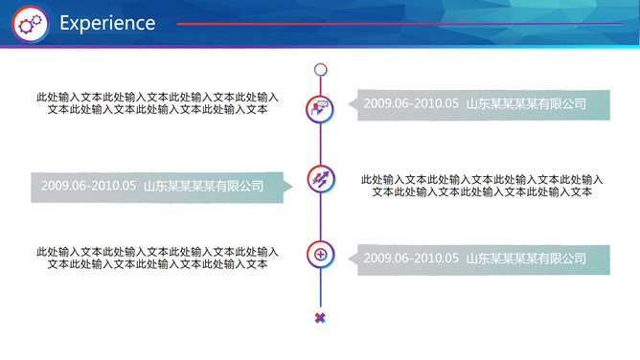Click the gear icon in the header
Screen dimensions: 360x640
click(32, 23)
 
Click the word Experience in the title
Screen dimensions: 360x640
click(107, 23)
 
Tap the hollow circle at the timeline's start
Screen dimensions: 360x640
click(321, 69)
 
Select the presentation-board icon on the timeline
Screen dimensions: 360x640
click(320, 107)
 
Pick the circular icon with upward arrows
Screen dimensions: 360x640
click(320, 178)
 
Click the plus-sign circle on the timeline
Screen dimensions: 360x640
click(320, 254)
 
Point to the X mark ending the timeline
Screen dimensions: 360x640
click(320, 318)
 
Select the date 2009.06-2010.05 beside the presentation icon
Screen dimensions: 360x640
click(412, 103)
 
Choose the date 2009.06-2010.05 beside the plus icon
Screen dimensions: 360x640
click(412, 258)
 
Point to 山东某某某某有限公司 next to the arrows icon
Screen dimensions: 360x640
click(203, 186)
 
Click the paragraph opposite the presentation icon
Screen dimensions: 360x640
click(157, 102)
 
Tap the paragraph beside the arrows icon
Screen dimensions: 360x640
click(482, 185)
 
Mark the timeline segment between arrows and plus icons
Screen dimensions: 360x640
click(320, 216)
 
